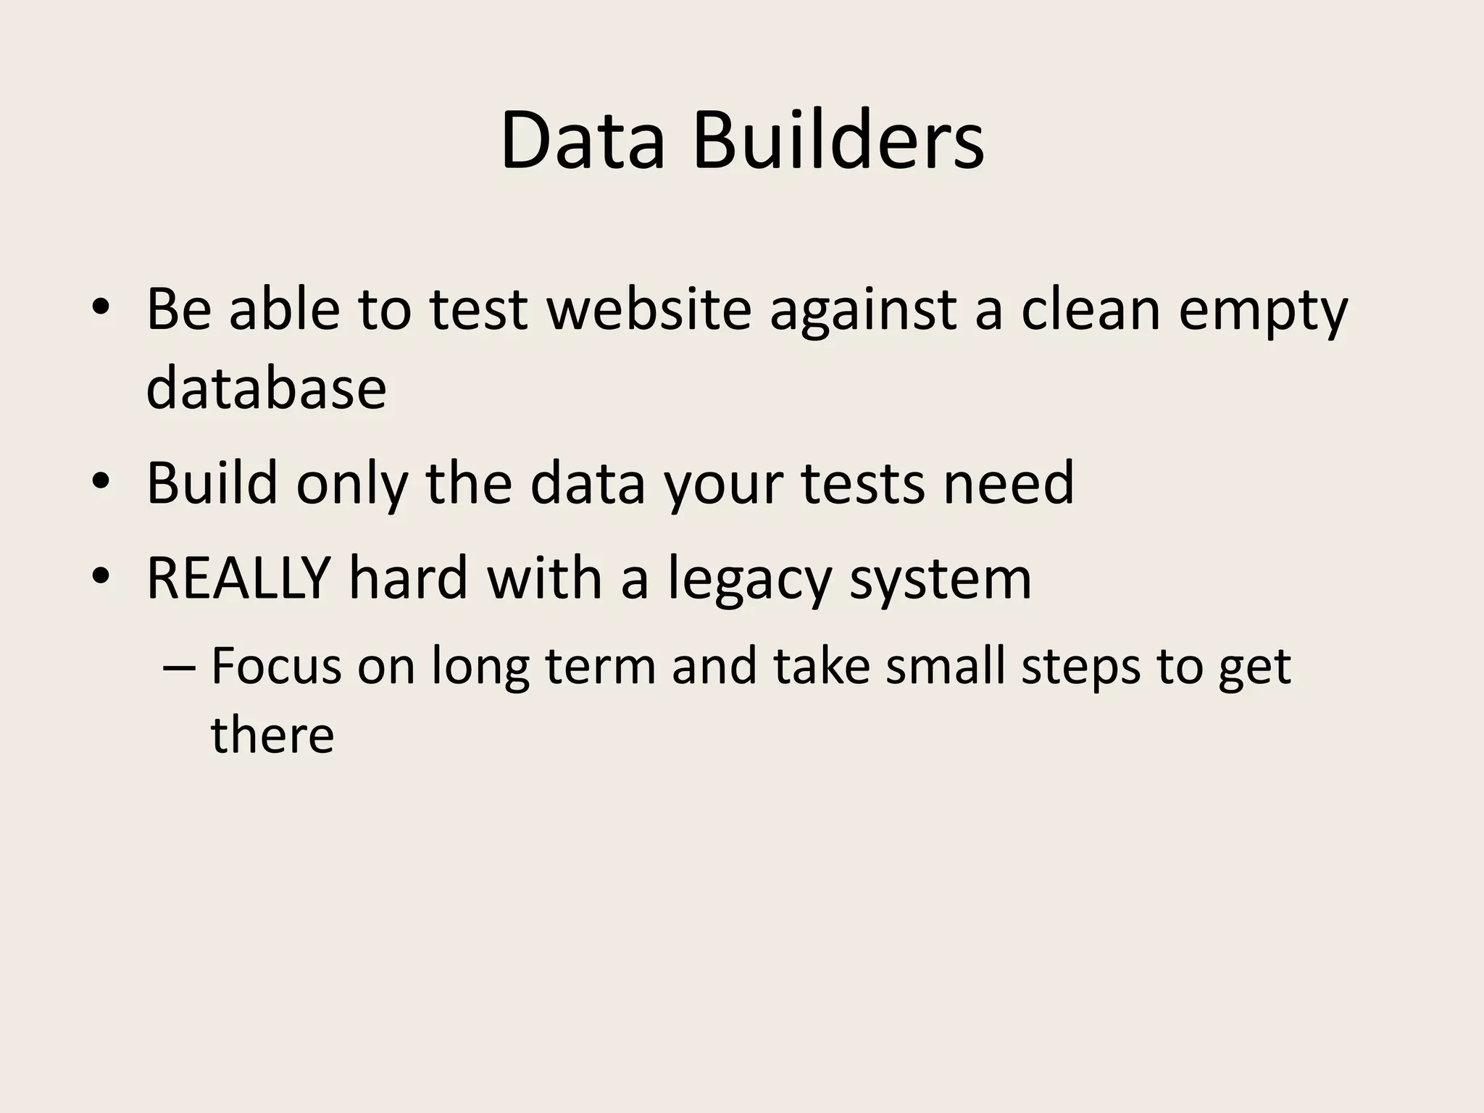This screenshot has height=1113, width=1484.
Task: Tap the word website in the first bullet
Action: click(649, 309)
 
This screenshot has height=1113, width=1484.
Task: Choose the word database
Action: click(266, 387)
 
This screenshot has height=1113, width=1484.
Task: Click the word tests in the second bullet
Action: click(862, 483)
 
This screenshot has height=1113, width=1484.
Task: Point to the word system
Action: click(940, 580)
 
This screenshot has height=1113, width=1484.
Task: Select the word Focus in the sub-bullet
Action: click(276, 665)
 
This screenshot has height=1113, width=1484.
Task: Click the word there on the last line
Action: click(272, 735)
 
